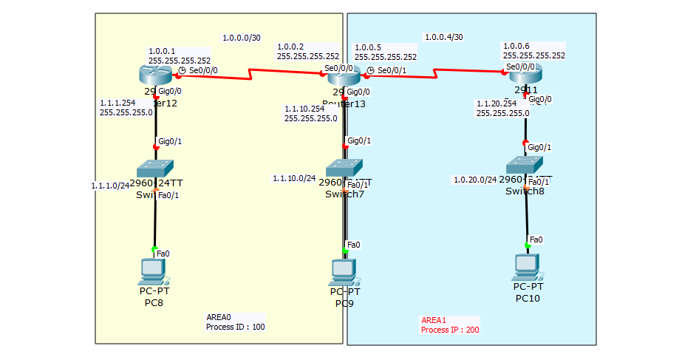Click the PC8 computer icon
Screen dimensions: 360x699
[154, 272]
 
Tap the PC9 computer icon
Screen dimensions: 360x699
[344, 272]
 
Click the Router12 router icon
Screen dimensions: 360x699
[155, 75]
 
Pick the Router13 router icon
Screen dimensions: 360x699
[344, 75]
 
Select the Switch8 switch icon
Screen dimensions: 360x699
[525, 165]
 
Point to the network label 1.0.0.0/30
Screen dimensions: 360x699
[241, 38]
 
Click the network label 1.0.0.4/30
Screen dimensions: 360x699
[443, 37]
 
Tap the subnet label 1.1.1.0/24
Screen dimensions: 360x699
[110, 186]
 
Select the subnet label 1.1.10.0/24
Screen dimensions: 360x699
[294, 178]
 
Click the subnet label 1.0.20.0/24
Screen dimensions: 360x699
[475, 180]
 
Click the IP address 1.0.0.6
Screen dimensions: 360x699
[516, 46]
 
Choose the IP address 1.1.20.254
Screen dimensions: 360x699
[496, 104]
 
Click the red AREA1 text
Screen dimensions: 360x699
[434, 320]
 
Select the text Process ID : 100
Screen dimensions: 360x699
[236, 326]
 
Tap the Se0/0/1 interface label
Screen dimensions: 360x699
[392, 71]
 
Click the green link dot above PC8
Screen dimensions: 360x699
[155, 249]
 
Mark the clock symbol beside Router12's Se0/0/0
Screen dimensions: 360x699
[182, 71]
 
